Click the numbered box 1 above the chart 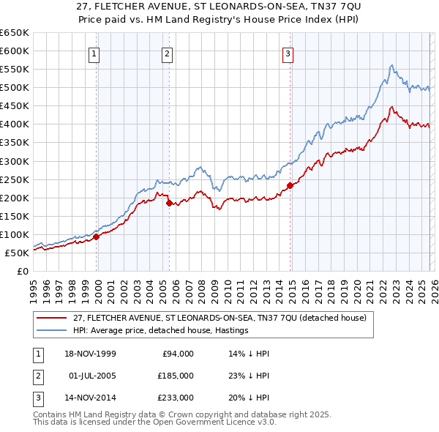click(x=96, y=53)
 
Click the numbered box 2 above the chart click(x=168, y=53)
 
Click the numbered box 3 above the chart click(x=288, y=53)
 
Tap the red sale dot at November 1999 click(x=97, y=237)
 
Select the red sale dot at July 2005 click(x=169, y=203)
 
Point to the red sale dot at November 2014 click(x=290, y=185)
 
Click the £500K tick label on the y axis click(x=14, y=88)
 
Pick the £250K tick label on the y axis click(x=14, y=179)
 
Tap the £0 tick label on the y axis click(x=23, y=272)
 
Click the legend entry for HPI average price click(x=161, y=330)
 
